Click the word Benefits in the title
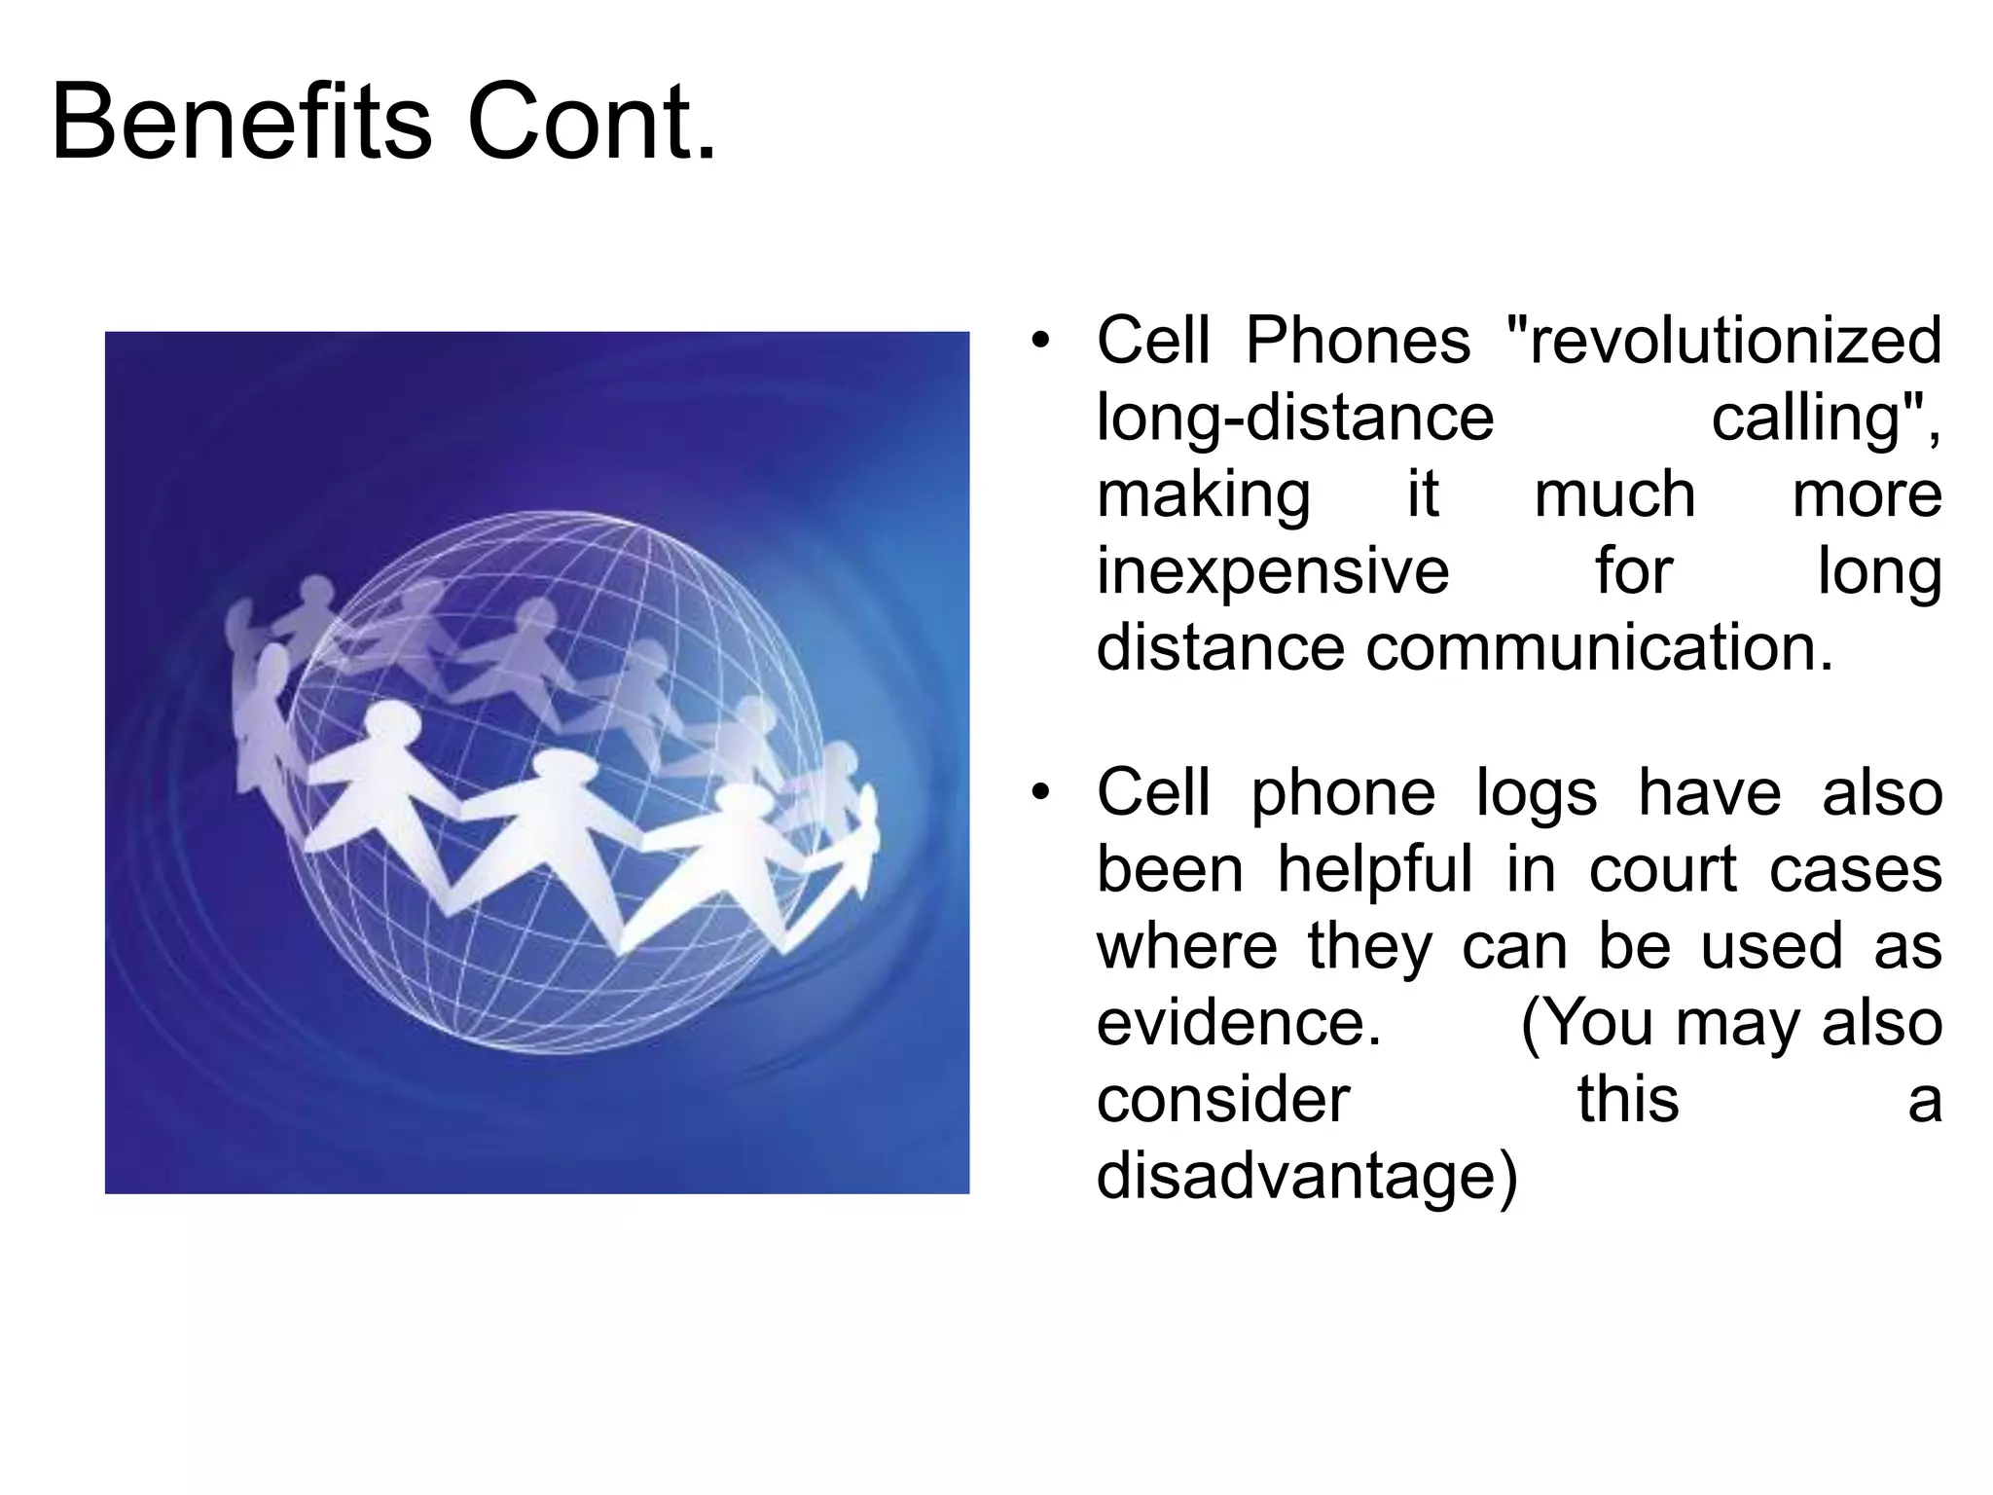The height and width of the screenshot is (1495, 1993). click(x=240, y=124)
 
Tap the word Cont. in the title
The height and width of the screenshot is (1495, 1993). click(x=592, y=124)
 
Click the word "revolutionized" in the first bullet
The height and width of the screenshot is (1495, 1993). click(x=1723, y=341)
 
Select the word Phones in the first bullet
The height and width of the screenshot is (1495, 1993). click(x=1358, y=341)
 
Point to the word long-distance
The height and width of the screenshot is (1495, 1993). click(x=1294, y=419)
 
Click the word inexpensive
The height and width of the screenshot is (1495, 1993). click(x=1273, y=572)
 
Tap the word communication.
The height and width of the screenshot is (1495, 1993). click(x=1599, y=648)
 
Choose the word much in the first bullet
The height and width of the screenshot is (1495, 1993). click(x=1614, y=495)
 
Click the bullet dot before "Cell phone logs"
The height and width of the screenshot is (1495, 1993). click(x=1040, y=793)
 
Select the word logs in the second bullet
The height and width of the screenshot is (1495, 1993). click(x=1536, y=793)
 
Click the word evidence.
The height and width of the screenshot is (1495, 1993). click(x=1239, y=1023)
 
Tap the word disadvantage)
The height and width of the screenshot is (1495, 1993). click(x=1306, y=1177)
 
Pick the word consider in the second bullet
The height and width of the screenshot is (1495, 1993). click(x=1222, y=1100)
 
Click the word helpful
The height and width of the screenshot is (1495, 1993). click(x=1374, y=869)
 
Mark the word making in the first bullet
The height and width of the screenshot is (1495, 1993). click(x=1203, y=495)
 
